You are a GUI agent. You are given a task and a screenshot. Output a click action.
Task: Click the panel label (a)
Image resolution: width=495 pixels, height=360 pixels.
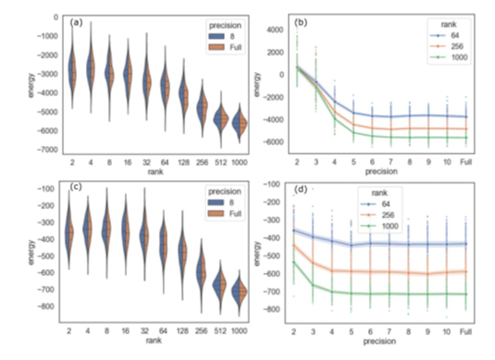[x=76, y=22]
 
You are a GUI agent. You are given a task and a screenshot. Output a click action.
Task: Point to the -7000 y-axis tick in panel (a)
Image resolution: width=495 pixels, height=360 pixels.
[x=48, y=150]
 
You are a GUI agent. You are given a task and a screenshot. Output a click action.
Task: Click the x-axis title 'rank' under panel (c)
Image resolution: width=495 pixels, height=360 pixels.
[x=154, y=340]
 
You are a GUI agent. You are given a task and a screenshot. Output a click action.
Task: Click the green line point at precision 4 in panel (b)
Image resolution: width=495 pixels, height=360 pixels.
[x=335, y=119]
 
